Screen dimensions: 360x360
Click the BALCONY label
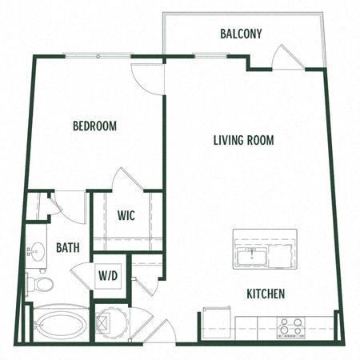click(241, 34)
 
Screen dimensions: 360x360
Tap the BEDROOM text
click(94, 126)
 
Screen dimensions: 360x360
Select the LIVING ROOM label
click(243, 141)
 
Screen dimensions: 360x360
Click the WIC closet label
click(126, 215)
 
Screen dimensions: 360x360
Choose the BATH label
click(67, 248)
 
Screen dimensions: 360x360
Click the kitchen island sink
click(251, 256)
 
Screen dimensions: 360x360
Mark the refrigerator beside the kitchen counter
click(214, 323)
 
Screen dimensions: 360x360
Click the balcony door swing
click(286, 58)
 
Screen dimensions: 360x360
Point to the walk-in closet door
click(125, 179)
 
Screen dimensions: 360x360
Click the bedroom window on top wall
click(98, 56)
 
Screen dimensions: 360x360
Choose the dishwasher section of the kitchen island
click(282, 256)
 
